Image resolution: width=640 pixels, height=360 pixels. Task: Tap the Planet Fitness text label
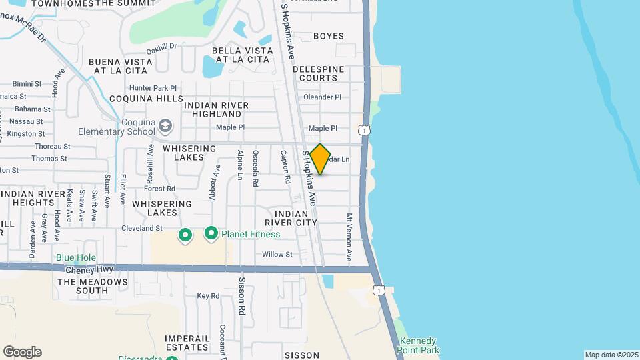pos(251,234)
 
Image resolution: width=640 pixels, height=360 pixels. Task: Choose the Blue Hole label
pos(76,258)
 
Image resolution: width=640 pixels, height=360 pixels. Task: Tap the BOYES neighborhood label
pos(329,36)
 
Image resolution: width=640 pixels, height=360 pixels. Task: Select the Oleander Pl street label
pos(322,97)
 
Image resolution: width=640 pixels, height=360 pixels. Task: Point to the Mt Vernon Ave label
pos(348,237)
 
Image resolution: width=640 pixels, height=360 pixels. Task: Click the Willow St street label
pos(277,255)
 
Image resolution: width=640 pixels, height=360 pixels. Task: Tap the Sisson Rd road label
pos(243,296)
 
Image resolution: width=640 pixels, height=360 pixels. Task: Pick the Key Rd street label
pos(208,296)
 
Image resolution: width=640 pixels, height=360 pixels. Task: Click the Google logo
pos(22,352)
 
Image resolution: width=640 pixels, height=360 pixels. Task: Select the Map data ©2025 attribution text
pos(611,355)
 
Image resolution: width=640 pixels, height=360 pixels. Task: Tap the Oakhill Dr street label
pos(161,47)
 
